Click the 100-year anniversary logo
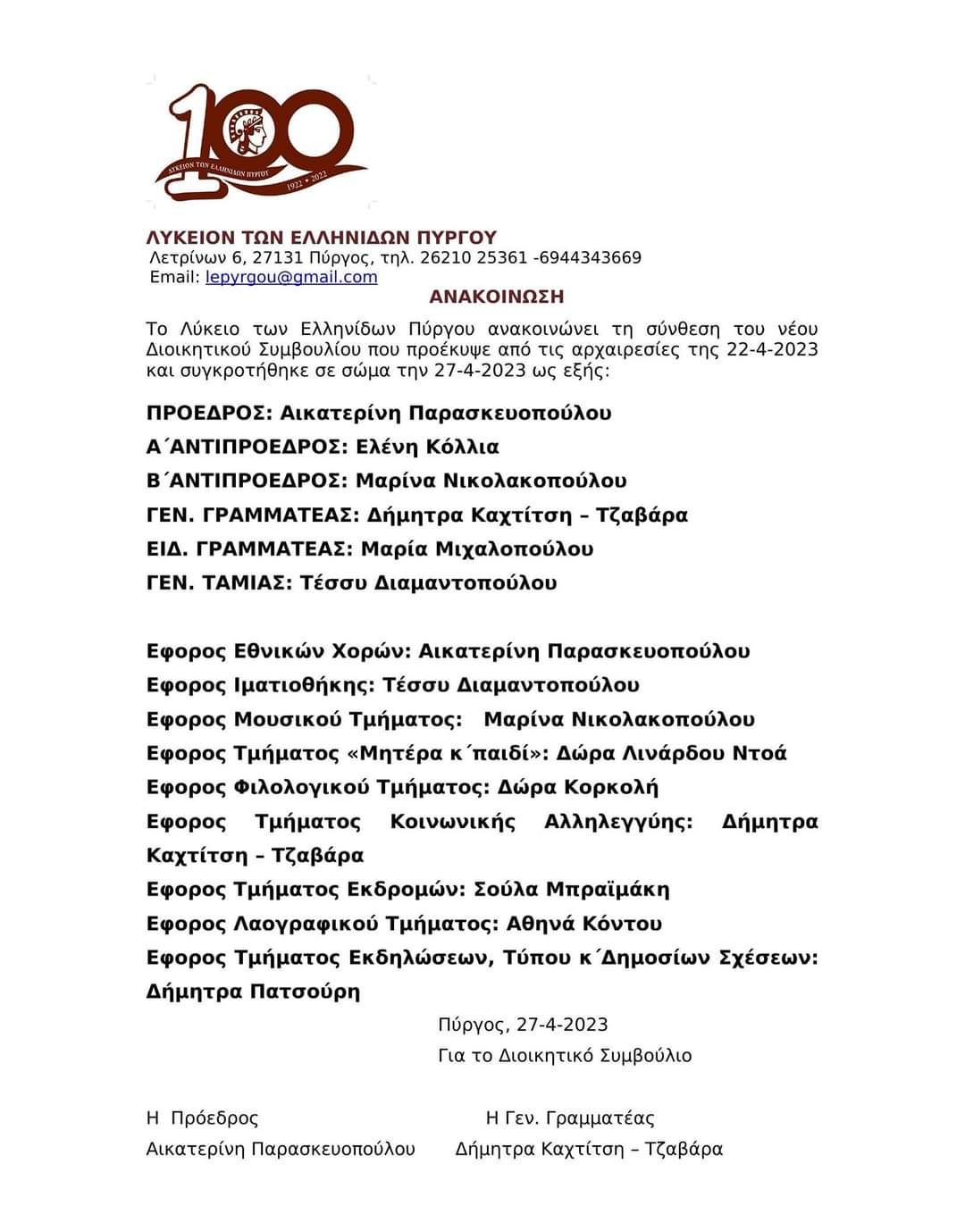point(259,143)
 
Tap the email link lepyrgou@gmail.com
point(291,277)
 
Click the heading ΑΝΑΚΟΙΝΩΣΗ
point(497,297)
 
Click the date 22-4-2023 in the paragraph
point(772,349)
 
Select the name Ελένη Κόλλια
point(427,447)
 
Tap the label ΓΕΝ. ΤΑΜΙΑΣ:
point(219,582)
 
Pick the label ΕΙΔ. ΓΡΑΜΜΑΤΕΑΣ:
point(249,548)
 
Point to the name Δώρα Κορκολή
point(577,787)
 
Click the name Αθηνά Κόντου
point(584,923)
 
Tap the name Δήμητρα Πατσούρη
point(253,992)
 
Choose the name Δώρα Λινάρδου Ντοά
point(671,753)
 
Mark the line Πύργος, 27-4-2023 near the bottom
point(523,1025)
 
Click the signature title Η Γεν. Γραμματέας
point(570,1118)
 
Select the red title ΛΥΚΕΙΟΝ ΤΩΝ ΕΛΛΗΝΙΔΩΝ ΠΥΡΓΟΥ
point(322,238)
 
